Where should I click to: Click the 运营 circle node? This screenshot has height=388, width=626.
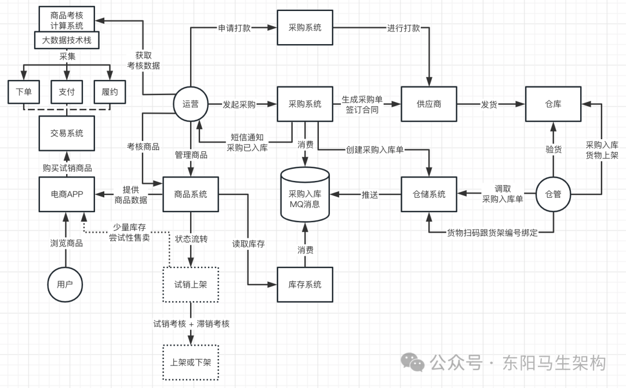[190, 104]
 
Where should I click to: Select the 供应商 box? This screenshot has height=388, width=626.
[429, 104]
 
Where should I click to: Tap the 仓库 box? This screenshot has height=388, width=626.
[553, 104]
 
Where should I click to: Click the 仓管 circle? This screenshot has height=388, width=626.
[553, 194]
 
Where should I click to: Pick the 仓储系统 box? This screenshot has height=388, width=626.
[429, 194]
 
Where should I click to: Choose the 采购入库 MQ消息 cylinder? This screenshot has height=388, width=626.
[305, 194]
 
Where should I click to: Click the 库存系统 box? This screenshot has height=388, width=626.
[305, 284]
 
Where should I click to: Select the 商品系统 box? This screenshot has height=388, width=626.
[191, 194]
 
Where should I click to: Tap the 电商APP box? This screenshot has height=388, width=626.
[67, 194]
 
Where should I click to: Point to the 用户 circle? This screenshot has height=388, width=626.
[65, 284]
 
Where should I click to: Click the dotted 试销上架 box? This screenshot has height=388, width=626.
[191, 284]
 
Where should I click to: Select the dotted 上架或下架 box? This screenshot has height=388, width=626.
[191, 362]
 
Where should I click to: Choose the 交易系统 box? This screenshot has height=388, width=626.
[67, 133]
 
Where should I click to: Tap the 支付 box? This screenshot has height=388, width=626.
[67, 92]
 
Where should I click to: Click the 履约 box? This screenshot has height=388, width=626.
[110, 92]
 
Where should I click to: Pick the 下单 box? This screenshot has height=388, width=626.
[24, 92]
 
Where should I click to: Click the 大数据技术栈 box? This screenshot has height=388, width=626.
[67, 40]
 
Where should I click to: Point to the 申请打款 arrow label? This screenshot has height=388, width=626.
[234, 28]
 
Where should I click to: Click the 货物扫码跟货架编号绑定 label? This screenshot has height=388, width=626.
[492, 233]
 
